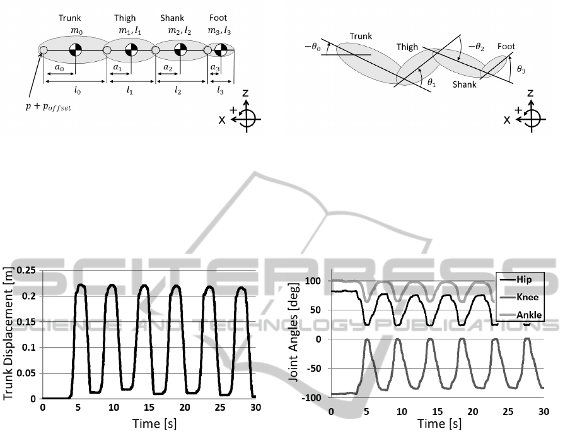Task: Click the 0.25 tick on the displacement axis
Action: [x=27, y=270]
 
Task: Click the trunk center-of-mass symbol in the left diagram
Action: [x=74, y=49]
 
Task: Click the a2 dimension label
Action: [x=167, y=68]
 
